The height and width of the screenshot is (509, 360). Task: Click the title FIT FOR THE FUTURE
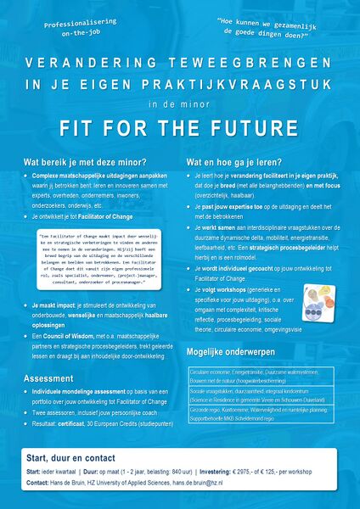[179, 129]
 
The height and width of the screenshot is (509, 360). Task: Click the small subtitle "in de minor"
[179, 105]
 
